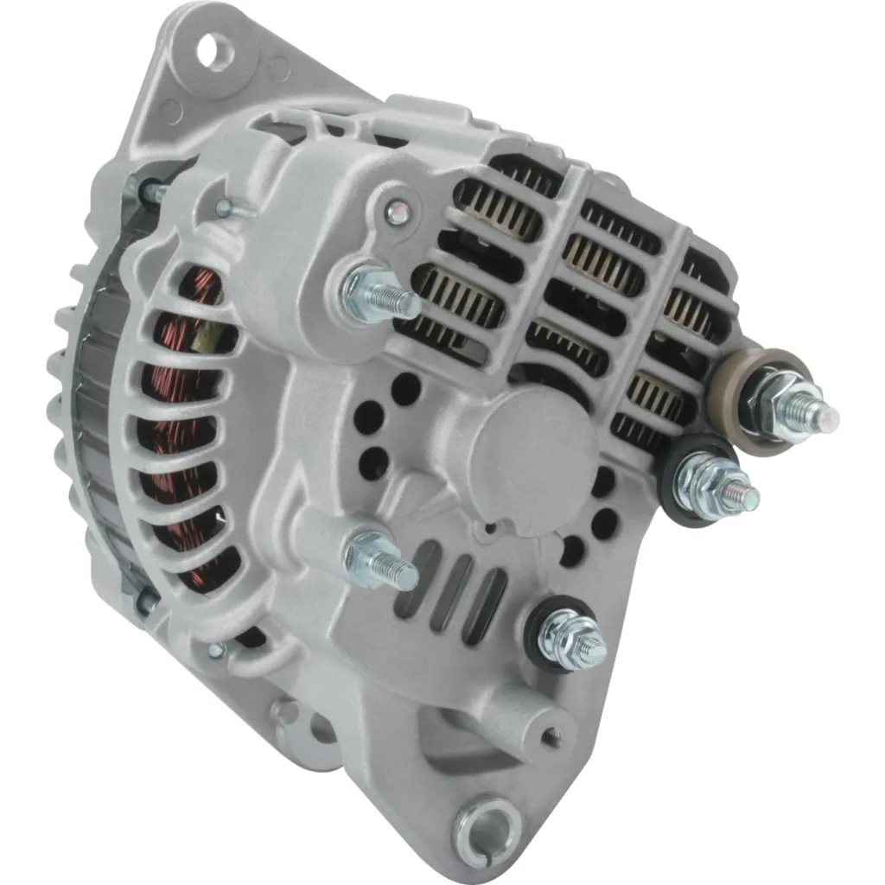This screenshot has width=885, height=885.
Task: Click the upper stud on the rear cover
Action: point(380,294)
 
